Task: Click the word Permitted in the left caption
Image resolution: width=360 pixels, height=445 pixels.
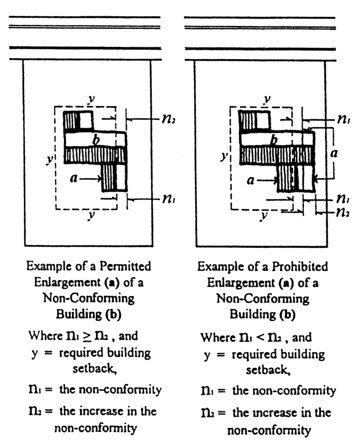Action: pos(125,267)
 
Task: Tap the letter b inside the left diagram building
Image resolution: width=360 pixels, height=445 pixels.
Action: pos(96,140)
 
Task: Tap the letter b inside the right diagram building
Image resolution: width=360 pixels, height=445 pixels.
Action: pos(274,140)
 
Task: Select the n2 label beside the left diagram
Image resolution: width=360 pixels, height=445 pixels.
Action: pos(169,119)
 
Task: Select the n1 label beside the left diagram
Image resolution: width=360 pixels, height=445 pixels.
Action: pos(169,199)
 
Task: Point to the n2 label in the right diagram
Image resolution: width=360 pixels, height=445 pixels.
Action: pos(342,212)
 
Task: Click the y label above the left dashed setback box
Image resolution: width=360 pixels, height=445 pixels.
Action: pos(91,100)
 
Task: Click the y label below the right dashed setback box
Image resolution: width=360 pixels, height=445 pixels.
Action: pos(264,216)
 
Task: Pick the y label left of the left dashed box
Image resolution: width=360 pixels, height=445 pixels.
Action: pos(50,160)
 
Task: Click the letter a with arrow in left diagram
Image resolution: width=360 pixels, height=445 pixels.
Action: pos(73,178)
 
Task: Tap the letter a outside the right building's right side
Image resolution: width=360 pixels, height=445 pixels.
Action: pos(334,153)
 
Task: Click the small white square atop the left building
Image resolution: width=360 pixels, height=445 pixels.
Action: pos(86,120)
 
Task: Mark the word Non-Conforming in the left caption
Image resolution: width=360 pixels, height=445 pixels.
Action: pos(89,298)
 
